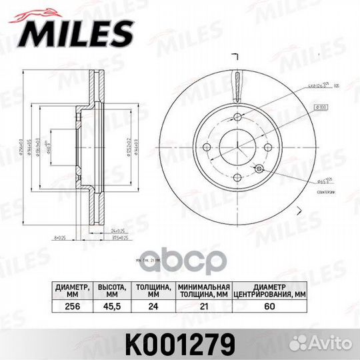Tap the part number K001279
[179, 344]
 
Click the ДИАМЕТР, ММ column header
[69, 291]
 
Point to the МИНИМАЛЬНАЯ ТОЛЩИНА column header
[203, 291]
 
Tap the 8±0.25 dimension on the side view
[60, 236]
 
